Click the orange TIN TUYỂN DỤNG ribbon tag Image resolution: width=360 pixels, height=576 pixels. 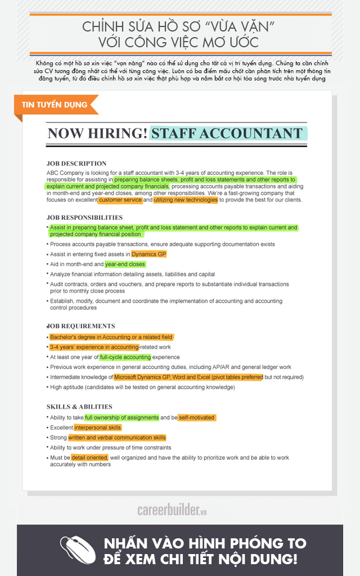click(55, 105)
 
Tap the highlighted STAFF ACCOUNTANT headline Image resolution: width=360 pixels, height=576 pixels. click(228, 133)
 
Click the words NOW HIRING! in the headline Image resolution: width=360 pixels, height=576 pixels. click(97, 133)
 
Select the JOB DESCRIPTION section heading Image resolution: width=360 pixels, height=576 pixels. click(76, 164)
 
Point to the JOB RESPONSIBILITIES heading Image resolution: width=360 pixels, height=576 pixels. click(84, 218)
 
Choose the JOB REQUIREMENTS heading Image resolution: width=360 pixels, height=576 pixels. click(81, 326)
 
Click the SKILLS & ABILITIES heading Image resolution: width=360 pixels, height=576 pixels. click(79, 407)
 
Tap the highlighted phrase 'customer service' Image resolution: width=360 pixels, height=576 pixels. click(120, 200)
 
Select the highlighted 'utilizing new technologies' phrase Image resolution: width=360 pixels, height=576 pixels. click(185, 200)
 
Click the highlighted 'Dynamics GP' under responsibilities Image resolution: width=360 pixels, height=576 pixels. click(148, 254)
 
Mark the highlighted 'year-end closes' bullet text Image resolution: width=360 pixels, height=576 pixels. click(125, 264)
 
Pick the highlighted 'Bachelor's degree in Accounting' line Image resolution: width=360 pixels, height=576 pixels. click(111, 337)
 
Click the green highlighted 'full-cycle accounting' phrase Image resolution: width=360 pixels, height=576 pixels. click(125, 357)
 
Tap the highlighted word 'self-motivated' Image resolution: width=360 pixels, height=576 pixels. click(196, 417)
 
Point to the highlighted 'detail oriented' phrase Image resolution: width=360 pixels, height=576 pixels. click(89, 458)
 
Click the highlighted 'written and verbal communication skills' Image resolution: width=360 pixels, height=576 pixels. click(117, 438)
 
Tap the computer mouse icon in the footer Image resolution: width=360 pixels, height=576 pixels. click(75, 550)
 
